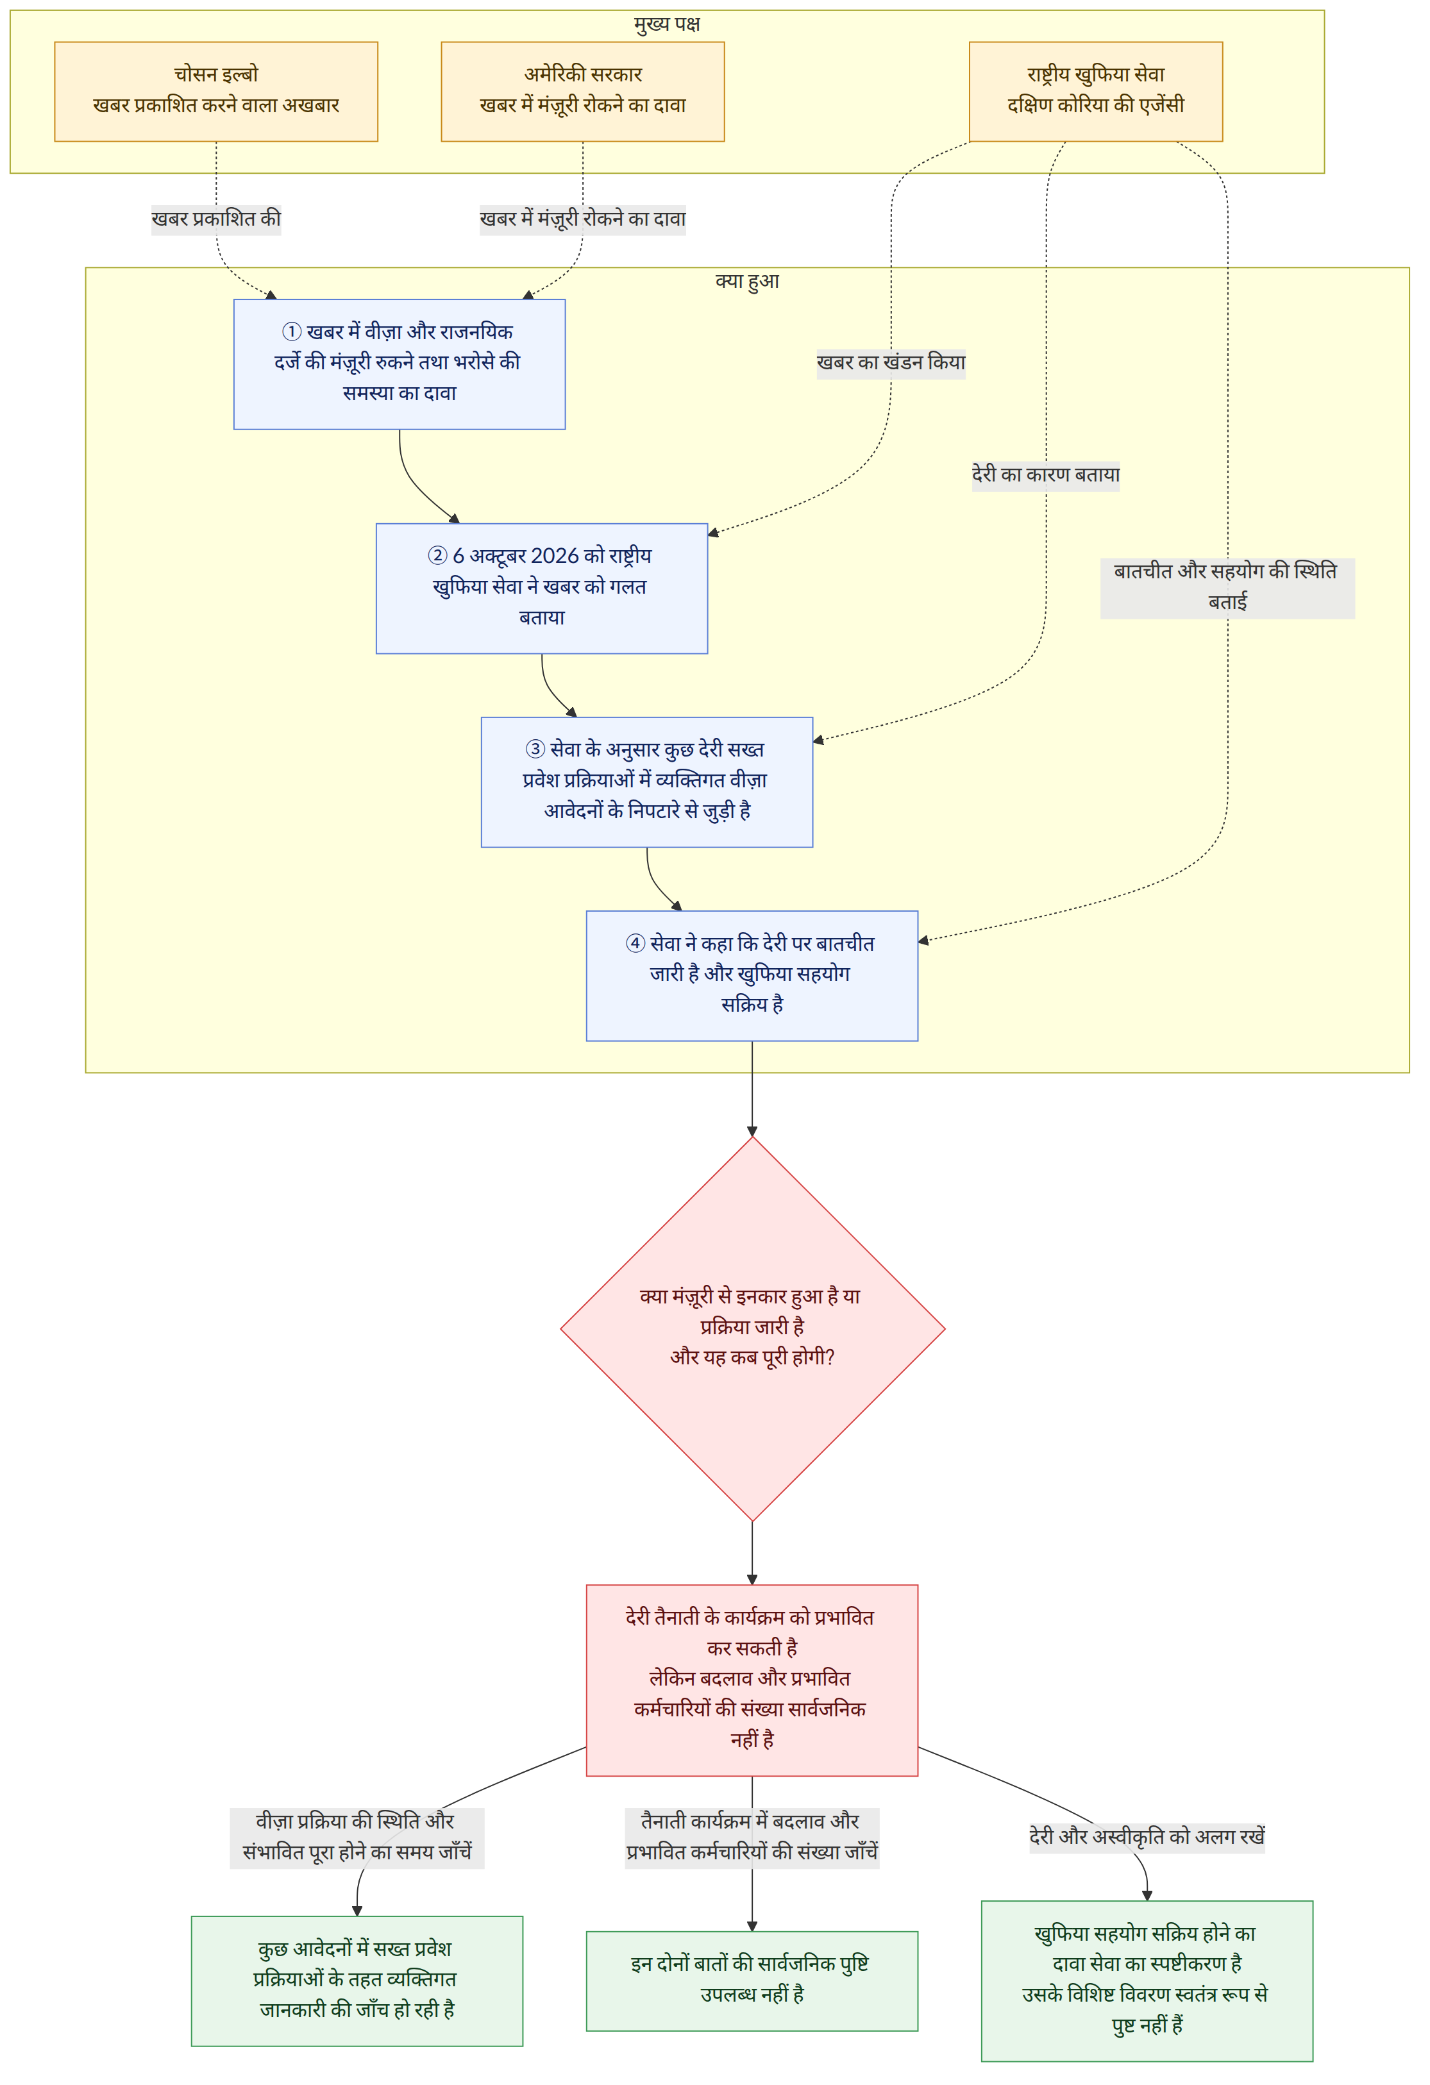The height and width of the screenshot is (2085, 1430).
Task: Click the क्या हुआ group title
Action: click(746, 281)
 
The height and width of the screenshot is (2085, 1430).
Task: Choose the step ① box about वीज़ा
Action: click(400, 364)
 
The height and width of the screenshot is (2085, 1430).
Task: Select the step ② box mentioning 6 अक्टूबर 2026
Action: click(542, 588)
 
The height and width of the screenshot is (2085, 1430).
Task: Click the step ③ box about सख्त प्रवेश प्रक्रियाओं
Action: click(647, 782)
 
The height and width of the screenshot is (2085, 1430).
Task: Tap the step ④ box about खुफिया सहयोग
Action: click(752, 975)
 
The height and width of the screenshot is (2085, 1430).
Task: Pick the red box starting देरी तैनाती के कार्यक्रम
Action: click(752, 1680)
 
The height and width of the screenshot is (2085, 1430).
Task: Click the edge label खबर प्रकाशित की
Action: click(215, 219)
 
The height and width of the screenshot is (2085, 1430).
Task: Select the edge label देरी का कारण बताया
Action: click(1046, 474)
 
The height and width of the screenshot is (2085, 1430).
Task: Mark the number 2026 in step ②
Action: click(555, 557)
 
